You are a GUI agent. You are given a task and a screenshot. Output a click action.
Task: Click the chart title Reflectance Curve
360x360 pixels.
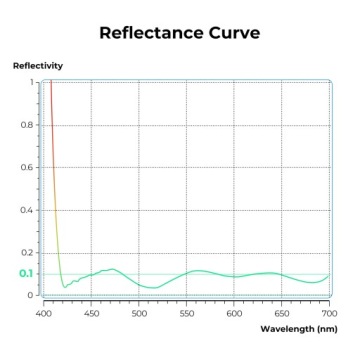pyautogui.click(x=180, y=33)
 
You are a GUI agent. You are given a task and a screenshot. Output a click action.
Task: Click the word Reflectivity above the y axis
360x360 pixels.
pyautogui.click(x=37, y=66)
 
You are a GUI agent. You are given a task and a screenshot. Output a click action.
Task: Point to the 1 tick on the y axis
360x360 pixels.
pyautogui.click(x=31, y=82)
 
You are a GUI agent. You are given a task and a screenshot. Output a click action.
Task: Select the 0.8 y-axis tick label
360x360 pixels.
pyautogui.click(x=28, y=125)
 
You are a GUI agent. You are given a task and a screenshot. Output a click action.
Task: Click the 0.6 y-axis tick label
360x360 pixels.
pyautogui.click(x=28, y=168)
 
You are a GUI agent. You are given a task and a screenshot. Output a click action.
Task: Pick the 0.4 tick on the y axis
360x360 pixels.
pyautogui.click(x=28, y=211)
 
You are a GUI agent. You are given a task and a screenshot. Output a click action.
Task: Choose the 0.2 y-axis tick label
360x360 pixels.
pyautogui.click(x=28, y=253)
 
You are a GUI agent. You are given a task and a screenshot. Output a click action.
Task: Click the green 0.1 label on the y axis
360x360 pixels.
pyautogui.click(x=26, y=274)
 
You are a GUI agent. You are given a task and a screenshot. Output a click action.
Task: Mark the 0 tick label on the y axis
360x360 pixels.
pyautogui.click(x=31, y=296)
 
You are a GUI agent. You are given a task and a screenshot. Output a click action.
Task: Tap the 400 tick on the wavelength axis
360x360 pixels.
pyautogui.click(x=44, y=313)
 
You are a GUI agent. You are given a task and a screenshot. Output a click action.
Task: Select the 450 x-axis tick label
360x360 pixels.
pyautogui.click(x=91, y=313)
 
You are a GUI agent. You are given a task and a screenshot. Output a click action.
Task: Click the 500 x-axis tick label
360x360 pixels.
pyautogui.click(x=139, y=313)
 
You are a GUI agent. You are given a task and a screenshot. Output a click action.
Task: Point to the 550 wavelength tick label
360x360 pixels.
pyautogui.click(x=186, y=313)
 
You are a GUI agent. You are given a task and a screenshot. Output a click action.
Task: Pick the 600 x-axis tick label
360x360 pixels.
pyautogui.click(x=234, y=313)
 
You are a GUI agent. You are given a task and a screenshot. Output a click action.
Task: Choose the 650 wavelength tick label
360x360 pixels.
pyautogui.click(x=281, y=313)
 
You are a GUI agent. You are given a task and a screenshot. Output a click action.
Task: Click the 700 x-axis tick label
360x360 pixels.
pyautogui.click(x=328, y=313)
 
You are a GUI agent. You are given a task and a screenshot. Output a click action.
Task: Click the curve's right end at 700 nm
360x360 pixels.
pyautogui.click(x=328, y=276)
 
